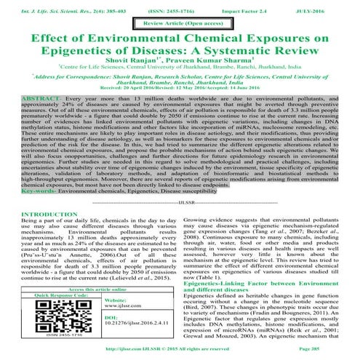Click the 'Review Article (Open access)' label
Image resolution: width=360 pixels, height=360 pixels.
(180, 24)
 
